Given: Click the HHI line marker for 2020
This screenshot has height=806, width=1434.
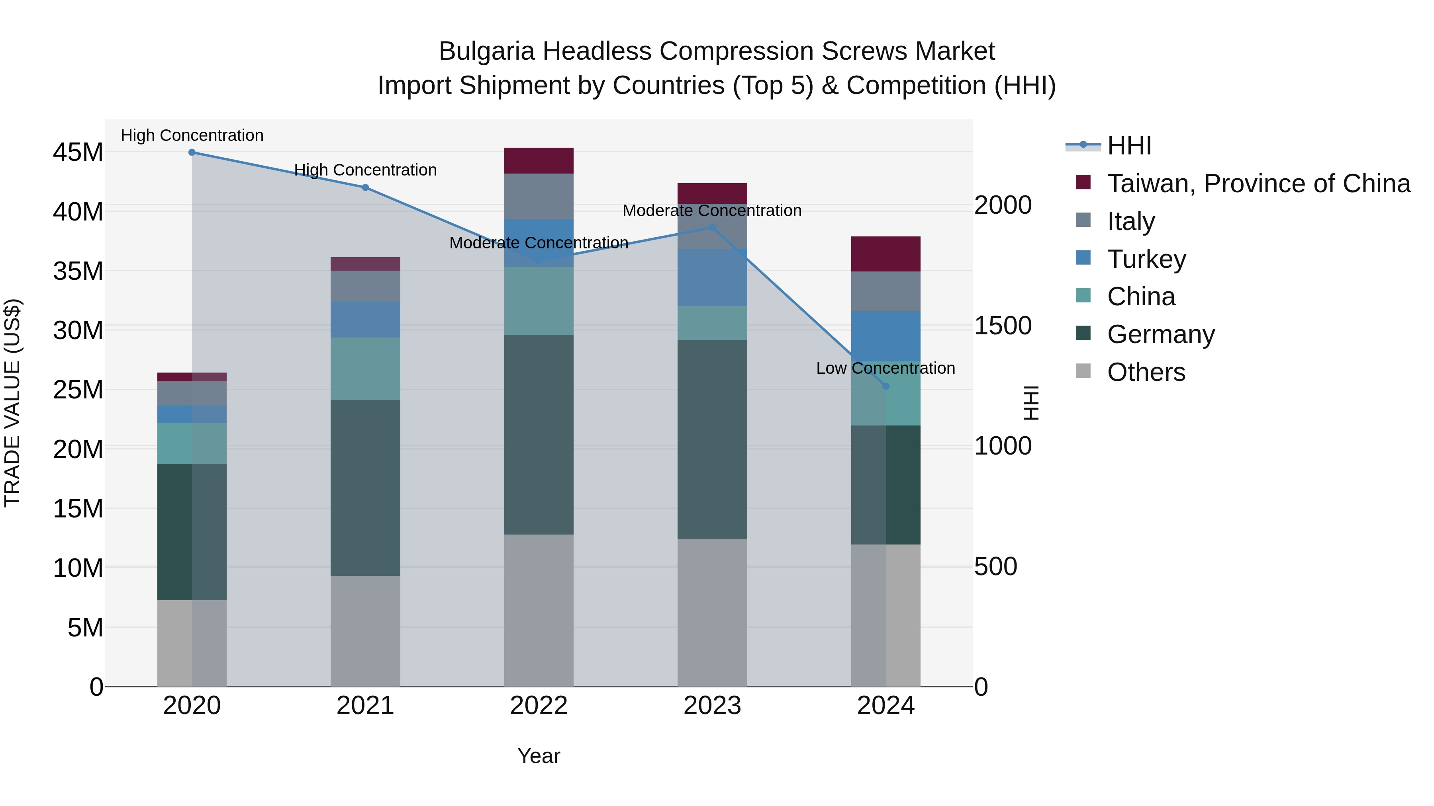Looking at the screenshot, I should [x=192, y=152].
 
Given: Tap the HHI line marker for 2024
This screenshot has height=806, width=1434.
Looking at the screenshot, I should [x=885, y=386].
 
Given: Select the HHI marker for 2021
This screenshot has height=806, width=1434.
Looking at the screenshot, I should [x=365, y=187].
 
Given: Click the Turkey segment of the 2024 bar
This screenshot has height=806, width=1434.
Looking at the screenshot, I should [x=885, y=336].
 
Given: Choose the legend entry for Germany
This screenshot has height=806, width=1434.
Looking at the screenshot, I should [x=1161, y=334].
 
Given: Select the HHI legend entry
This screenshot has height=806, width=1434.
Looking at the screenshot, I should [x=1129, y=146].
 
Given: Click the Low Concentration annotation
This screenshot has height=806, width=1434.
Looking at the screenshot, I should [x=885, y=368].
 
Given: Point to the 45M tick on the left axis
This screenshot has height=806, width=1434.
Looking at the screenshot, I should [x=78, y=152].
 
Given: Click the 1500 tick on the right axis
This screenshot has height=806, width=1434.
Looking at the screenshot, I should [x=1003, y=326].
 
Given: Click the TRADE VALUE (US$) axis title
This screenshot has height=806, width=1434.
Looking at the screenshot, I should [x=12, y=403].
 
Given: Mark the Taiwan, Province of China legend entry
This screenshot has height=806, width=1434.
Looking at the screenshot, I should [x=1258, y=183].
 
